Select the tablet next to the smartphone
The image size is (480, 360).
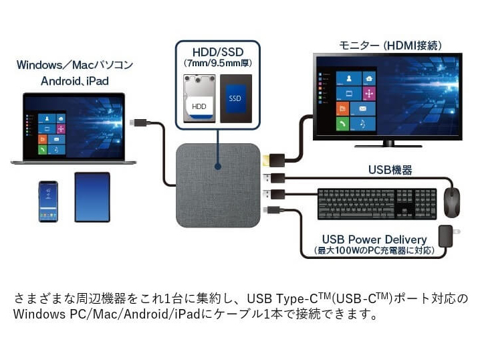pyautogui.click(x=92, y=197)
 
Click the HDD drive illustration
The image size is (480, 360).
pyautogui.click(x=200, y=98)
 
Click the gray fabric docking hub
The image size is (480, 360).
pyautogui.click(x=218, y=185)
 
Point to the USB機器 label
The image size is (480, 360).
pyautogui.click(x=391, y=170)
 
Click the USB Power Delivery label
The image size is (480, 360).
pyautogui.click(x=374, y=240)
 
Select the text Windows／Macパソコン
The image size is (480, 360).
pyautogui.click(x=75, y=65)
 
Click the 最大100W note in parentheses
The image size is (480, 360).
pyautogui.click(x=374, y=250)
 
